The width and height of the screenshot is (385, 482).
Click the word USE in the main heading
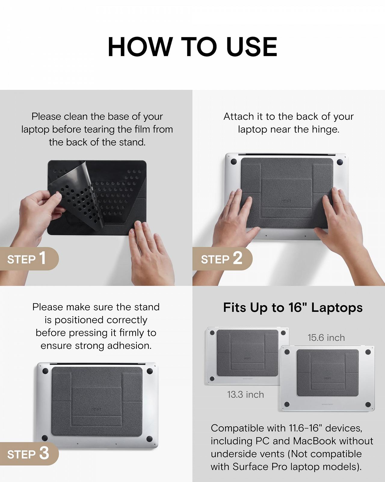[x=252, y=47]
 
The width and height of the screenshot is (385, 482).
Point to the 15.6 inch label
[x=326, y=338]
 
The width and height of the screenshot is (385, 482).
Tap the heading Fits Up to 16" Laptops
[x=293, y=308]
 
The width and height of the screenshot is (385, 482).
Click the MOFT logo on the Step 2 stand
[x=286, y=201]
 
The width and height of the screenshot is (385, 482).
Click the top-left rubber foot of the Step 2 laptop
[x=233, y=162]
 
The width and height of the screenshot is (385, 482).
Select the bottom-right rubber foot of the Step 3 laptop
[x=149, y=439]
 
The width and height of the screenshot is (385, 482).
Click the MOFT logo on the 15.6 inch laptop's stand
[x=327, y=379]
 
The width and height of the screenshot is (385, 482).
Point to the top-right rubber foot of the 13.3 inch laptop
[x=283, y=333]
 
